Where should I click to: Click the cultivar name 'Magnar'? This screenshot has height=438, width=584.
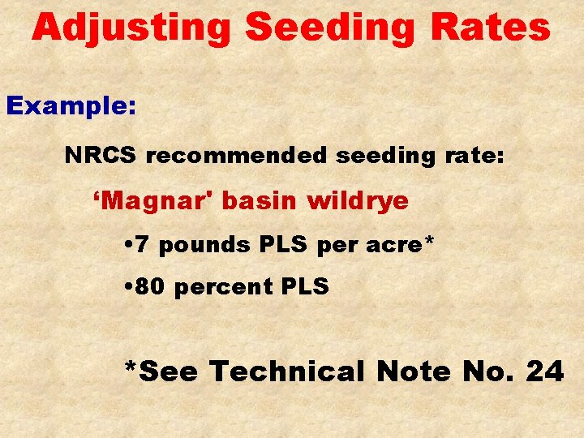153,200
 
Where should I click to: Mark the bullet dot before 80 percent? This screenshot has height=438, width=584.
132,287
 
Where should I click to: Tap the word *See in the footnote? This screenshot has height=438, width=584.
162,371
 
